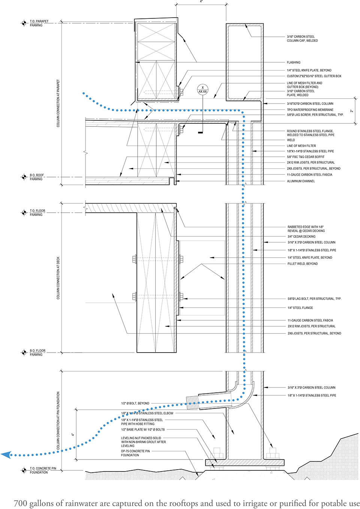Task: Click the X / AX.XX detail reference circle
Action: pyautogui.click(x=202, y=89)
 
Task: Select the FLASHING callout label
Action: pyautogui.click(x=293, y=63)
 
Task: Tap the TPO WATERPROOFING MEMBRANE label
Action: pyautogui.click(x=310, y=110)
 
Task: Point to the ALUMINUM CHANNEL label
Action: pyautogui.click(x=301, y=181)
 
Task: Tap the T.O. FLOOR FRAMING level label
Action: pyautogui.click(x=37, y=213)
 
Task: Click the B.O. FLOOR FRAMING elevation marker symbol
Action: pyautogui.click(x=24, y=352)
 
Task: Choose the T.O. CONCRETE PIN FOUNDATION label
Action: pyautogui.click(x=43, y=470)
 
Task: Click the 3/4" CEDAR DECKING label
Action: pyautogui.click(x=301, y=237)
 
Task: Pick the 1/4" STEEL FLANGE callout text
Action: pyautogui.click(x=300, y=308)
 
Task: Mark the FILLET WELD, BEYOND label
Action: pyautogui.click(x=302, y=264)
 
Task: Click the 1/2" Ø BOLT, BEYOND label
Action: pyautogui.click(x=135, y=404)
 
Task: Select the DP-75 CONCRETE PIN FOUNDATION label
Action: pyautogui.click(x=135, y=453)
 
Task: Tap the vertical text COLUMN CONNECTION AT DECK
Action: pyautogui.click(x=58, y=278)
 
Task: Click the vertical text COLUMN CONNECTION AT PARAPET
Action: pyautogui.click(x=58, y=103)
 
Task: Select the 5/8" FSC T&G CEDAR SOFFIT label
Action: pyautogui.click(x=306, y=157)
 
